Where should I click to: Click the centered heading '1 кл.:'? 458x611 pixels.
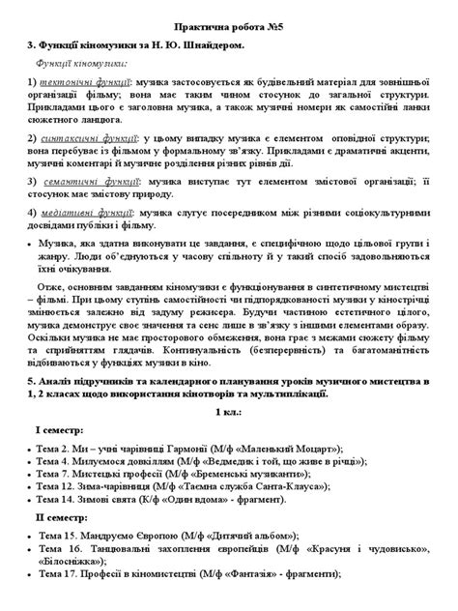point(228,412)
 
